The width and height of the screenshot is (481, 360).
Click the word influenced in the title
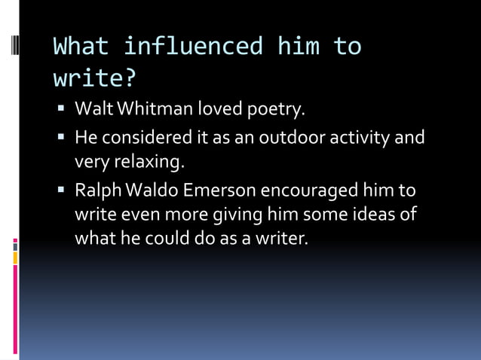pyautogui.click(x=192, y=47)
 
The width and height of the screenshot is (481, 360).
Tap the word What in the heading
pyautogui.click(x=81, y=47)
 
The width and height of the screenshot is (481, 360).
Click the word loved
pyautogui.click(x=219, y=110)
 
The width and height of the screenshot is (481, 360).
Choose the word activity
pyautogui.click(x=365, y=138)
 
